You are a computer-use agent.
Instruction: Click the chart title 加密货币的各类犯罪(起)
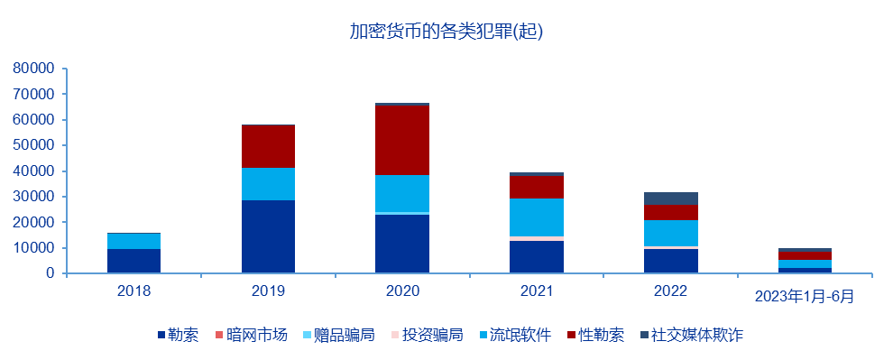coord(446,32)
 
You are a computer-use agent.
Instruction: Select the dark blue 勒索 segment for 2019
coord(268,236)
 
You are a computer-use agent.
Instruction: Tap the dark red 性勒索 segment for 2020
coord(402,140)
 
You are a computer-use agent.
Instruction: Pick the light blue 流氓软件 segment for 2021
coord(536,217)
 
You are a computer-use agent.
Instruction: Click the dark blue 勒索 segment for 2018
coord(134,261)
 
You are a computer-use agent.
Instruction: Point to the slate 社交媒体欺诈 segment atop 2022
coord(670,198)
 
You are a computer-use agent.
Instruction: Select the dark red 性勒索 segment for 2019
coord(268,146)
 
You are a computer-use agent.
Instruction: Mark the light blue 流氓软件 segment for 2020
coord(402,193)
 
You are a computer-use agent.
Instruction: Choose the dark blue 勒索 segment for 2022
coord(670,261)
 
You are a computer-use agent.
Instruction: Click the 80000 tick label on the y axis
coord(33,69)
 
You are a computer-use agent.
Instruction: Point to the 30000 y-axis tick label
coord(33,197)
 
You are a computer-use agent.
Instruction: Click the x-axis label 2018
coord(134,291)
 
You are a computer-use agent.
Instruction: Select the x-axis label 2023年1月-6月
coord(804,296)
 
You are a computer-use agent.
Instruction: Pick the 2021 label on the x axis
coord(536,291)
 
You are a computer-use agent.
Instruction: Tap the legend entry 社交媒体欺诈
coord(698,336)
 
